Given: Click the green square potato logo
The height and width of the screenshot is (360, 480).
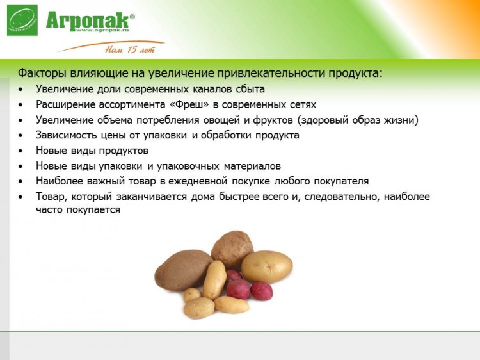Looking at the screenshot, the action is coord(22,20).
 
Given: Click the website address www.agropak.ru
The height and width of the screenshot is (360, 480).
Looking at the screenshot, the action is coord(102,30).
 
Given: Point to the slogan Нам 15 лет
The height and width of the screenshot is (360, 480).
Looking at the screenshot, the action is coord(130,49).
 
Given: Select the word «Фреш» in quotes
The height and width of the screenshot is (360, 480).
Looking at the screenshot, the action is coord(189,104).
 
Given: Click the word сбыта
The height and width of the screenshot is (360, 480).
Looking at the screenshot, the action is coord(250,89).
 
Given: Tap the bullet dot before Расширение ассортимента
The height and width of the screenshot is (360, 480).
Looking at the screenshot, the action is coord(20,105).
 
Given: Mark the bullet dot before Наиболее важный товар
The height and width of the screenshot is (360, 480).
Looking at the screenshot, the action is coord(20,181).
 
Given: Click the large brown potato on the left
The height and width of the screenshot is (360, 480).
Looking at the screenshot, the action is coord(183,270).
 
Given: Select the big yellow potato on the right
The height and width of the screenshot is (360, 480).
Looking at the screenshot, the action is coord(267,267).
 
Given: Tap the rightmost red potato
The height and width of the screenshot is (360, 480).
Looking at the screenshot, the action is coord(261,291).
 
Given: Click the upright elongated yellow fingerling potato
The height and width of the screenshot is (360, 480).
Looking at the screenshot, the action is coord(214,280).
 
